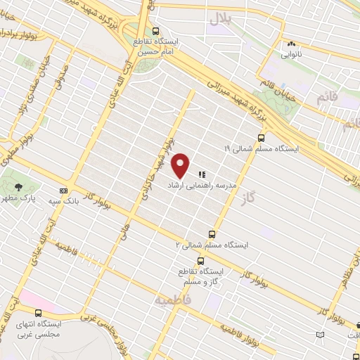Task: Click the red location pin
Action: click(x=181, y=164)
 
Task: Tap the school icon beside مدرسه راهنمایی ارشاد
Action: click(x=202, y=173)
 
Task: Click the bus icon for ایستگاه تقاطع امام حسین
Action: click(x=156, y=30)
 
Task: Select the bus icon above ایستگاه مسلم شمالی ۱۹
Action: click(x=261, y=138)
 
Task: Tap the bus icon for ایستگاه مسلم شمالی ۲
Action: click(x=212, y=234)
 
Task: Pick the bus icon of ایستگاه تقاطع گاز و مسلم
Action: click(x=201, y=261)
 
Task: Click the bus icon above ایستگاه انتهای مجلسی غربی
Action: click(x=37, y=313)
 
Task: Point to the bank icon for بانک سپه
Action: click(x=64, y=191)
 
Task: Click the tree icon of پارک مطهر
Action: click(x=17, y=186)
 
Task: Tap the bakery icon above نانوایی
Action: click(x=290, y=43)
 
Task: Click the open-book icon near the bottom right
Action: click(x=321, y=334)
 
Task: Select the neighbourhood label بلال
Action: click(x=218, y=20)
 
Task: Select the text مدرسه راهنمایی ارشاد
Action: click(x=195, y=184)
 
